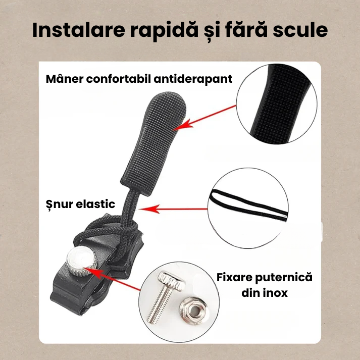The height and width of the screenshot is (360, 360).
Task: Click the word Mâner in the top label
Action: coord(64,79)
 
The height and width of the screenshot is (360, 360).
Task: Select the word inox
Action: coord(274,292)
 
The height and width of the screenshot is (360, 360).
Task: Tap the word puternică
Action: coord(286,278)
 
